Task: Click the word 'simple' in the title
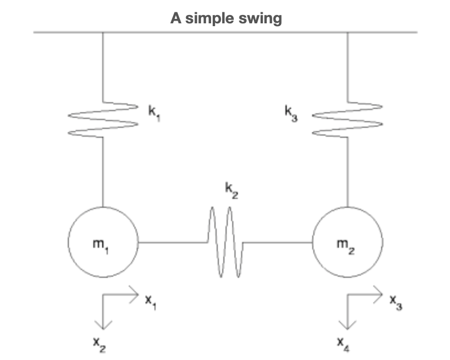pyautogui.click(x=208, y=18)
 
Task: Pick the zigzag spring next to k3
pyautogui.click(x=347, y=118)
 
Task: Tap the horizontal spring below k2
pyautogui.click(x=225, y=242)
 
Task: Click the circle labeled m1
pyautogui.click(x=103, y=242)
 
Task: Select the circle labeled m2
pyautogui.click(x=347, y=242)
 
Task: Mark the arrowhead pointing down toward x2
pyautogui.click(x=103, y=324)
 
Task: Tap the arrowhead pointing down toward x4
pyautogui.click(x=347, y=324)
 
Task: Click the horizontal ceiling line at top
pyautogui.click(x=225, y=32)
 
